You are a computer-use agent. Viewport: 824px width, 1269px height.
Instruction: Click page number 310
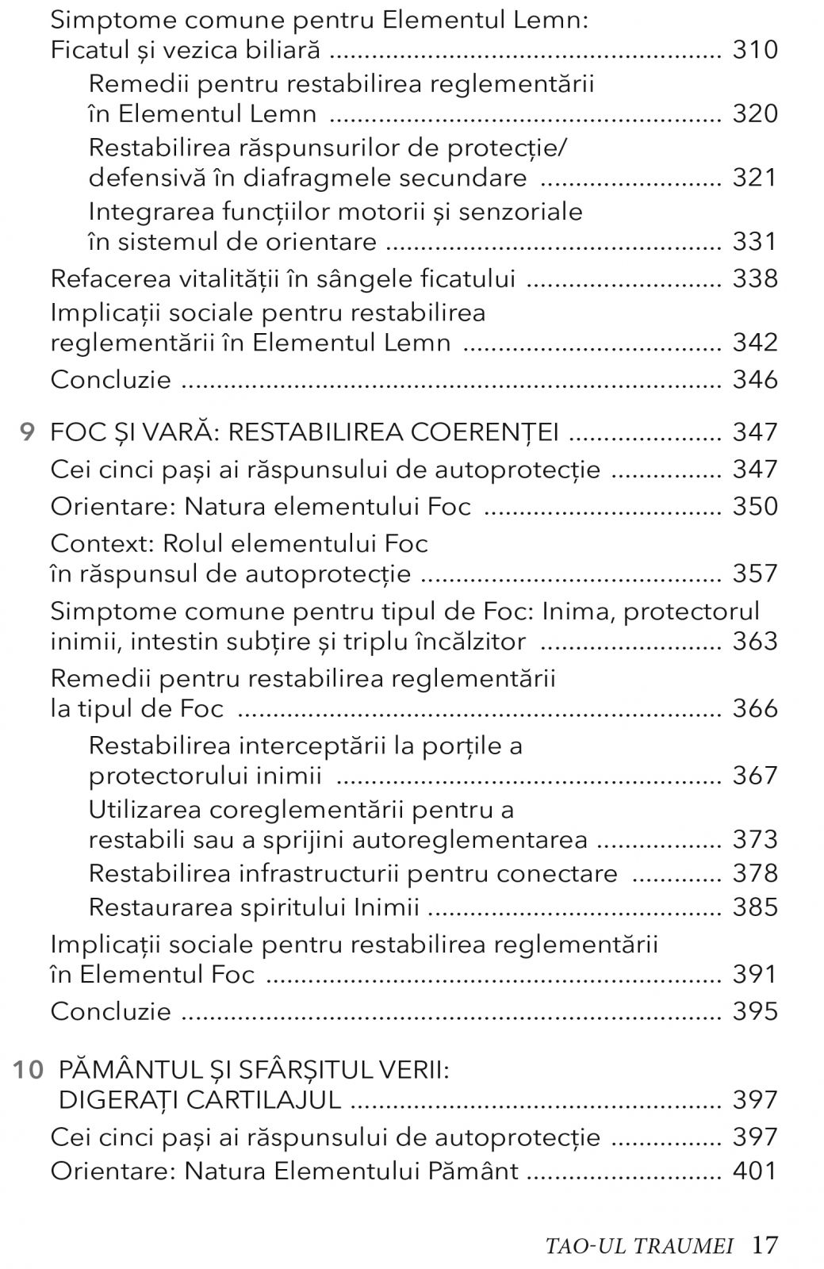click(x=755, y=51)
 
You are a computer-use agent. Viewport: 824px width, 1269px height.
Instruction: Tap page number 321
click(x=755, y=178)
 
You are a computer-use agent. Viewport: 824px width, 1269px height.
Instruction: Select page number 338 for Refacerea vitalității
click(x=755, y=279)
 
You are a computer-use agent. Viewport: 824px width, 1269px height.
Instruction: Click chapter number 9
click(x=28, y=433)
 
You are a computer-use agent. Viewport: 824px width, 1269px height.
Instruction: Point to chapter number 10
click(x=28, y=1070)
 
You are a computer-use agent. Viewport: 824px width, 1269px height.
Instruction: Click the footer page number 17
click(x=765, y=1245)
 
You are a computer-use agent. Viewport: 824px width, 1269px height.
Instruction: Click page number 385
click(x=755, y=907)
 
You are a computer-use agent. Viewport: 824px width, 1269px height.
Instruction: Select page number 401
click(x=755, y=1171)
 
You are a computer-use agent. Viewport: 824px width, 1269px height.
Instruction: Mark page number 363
click(x=755, y=641)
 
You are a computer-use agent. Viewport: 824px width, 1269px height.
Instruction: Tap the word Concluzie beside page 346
click(x=111, y=380)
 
